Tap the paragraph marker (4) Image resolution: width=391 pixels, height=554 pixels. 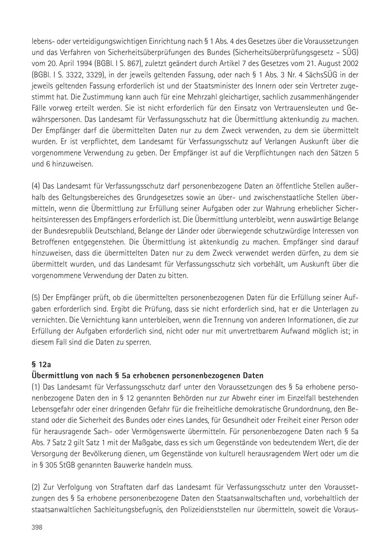click(x=36, y=187)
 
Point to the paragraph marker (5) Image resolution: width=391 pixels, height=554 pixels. click(x=36, y=297)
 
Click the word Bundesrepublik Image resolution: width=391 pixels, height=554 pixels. click(x=69, y=231)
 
